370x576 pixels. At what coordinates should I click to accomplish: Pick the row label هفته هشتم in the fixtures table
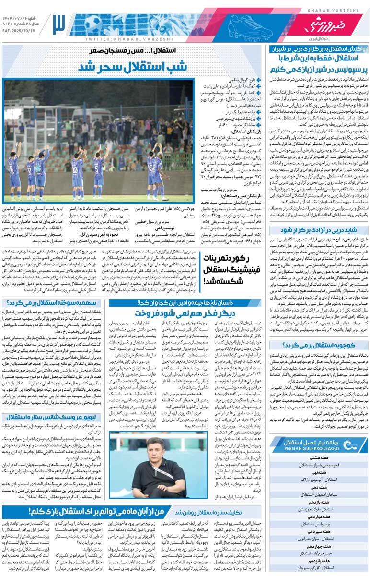click(x=319, y=457)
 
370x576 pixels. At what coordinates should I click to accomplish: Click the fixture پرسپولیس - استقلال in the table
click(x=319, y=525)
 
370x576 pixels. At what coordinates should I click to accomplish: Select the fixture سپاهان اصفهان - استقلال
click(x=319, y=494)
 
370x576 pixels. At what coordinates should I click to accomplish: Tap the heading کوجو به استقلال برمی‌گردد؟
click(x=319, y=345)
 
